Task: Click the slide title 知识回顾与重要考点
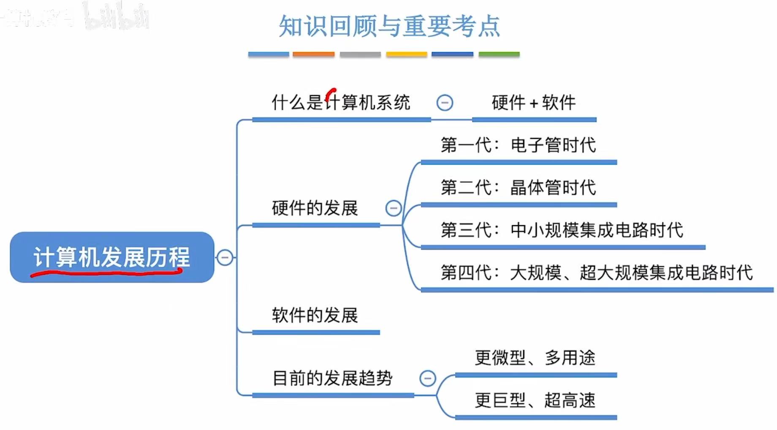[389, 26]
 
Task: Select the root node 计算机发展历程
[112, 257]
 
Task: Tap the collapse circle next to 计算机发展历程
[225, 257]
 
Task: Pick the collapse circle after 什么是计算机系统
[445, 103]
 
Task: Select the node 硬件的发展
[315, 208]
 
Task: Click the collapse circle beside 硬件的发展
[394, 208]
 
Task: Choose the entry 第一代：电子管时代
[518, 145]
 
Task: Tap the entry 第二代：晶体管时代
[518, 188]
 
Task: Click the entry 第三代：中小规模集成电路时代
[562, 230]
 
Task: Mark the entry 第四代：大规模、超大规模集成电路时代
[596, 272]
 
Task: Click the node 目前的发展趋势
[332, 378]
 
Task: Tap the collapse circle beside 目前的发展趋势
[428, 378]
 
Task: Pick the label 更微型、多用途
[535, 358]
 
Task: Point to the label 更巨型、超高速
[535, 400]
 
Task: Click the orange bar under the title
[313, 54]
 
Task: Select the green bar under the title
[499, 54]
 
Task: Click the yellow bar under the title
[406, 54]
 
